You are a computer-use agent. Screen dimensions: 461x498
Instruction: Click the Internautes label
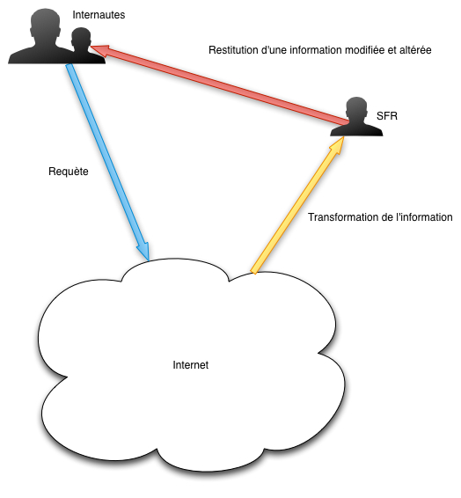click(99, 15)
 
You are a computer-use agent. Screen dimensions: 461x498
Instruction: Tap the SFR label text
click(387, 116)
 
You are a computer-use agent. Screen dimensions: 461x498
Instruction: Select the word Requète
click(69, 172)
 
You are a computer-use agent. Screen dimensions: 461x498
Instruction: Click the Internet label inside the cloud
click(191, 365)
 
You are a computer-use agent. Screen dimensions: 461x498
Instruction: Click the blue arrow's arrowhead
click(143, 252)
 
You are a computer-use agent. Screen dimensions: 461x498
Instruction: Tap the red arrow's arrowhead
click(100, 50)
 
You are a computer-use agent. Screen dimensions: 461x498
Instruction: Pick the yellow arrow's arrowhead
click(337, 145)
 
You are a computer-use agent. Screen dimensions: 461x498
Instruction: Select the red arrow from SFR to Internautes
click(219, 84)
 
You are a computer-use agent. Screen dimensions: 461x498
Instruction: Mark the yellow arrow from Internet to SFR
click(297, 205)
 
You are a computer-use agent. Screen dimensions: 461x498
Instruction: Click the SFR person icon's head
click(356, 109)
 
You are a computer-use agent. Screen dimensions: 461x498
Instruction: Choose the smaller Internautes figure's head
click(81, 38)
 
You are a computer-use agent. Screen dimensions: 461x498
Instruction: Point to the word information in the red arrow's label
click(316, 50)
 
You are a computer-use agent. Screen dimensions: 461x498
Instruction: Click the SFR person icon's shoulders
click(356, 130)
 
